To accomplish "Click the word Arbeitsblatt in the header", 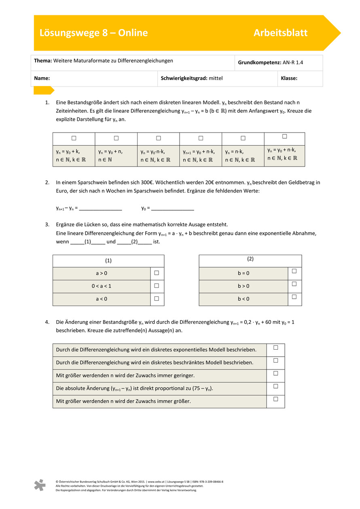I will (x=280, y=33).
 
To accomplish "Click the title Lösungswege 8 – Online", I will (x=93, y=33).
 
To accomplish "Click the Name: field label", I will (x=42, y=78).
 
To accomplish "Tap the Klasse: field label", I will (x=289, y=78).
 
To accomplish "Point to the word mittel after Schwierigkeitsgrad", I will (x=216, y=78).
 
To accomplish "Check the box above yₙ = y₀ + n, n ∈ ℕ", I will (x=116, y=138).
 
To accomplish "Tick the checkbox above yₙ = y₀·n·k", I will (x=159, y=138).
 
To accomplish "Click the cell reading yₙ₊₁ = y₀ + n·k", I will (x=201, y=156).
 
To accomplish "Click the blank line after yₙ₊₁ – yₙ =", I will (x=101, y=208).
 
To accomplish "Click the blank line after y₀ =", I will (x=173, y=208).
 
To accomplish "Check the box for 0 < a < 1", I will (x=157, y=286).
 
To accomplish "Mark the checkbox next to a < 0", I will (x=157, y=299).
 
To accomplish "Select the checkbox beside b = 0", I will (x=294, y=271).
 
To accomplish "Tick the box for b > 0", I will (x=294, y=284).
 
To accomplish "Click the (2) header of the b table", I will (x=250, y=259).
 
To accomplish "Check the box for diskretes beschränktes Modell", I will (x=275, y=360).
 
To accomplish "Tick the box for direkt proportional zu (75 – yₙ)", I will (x=275, y=386).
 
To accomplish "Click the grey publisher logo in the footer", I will (x=40, y=485).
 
